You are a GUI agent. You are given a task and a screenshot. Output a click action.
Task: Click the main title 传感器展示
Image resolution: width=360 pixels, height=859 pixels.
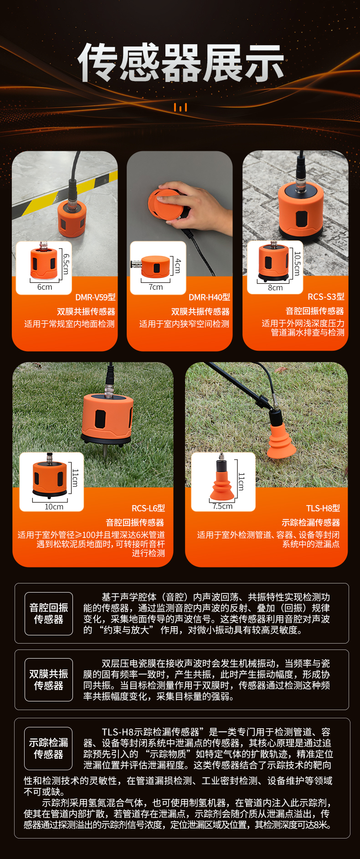click(x=181, y=63)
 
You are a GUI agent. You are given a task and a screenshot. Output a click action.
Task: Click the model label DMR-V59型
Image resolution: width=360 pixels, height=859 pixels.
click(x=95, y=297)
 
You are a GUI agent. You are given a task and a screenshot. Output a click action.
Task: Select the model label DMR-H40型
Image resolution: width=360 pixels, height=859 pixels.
click(x=209, y=297)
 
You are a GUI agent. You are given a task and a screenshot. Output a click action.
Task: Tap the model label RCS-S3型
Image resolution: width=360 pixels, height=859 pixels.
click(x=326, y=297)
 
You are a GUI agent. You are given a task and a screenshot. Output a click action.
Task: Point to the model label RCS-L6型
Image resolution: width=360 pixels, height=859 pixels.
click(x=148, y=508)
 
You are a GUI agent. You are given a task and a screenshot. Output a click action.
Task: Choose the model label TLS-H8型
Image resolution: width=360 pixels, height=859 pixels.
click(x=323, y=508)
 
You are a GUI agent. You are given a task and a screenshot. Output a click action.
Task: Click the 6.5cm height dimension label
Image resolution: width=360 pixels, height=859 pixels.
click(x=66, y=264)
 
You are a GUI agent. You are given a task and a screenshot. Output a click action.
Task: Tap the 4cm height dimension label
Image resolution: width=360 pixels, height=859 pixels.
click(x=178, y=265)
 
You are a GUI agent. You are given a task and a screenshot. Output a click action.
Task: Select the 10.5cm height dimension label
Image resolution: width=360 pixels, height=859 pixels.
click(x=297, y=264)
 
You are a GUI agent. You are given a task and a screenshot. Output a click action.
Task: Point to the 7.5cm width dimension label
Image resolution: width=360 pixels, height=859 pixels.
click(x=222, y=506)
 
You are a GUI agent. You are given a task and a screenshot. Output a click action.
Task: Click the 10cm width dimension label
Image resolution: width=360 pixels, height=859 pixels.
click(x=54, y=507)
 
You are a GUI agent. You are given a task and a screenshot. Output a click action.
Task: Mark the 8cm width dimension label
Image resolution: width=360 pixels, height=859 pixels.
click(x=275, y=288)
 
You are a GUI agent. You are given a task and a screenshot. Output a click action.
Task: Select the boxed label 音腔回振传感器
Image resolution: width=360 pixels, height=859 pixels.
click(x=49, y=614)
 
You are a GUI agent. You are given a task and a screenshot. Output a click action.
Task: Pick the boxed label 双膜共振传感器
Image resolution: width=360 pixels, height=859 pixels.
click(x=49, y=680)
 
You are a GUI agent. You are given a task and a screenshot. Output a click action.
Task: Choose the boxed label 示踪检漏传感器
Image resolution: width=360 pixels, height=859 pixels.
click(x=49, y=748)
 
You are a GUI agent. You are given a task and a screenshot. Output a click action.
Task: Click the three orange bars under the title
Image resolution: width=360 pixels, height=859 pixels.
click(x=180, y=107)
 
